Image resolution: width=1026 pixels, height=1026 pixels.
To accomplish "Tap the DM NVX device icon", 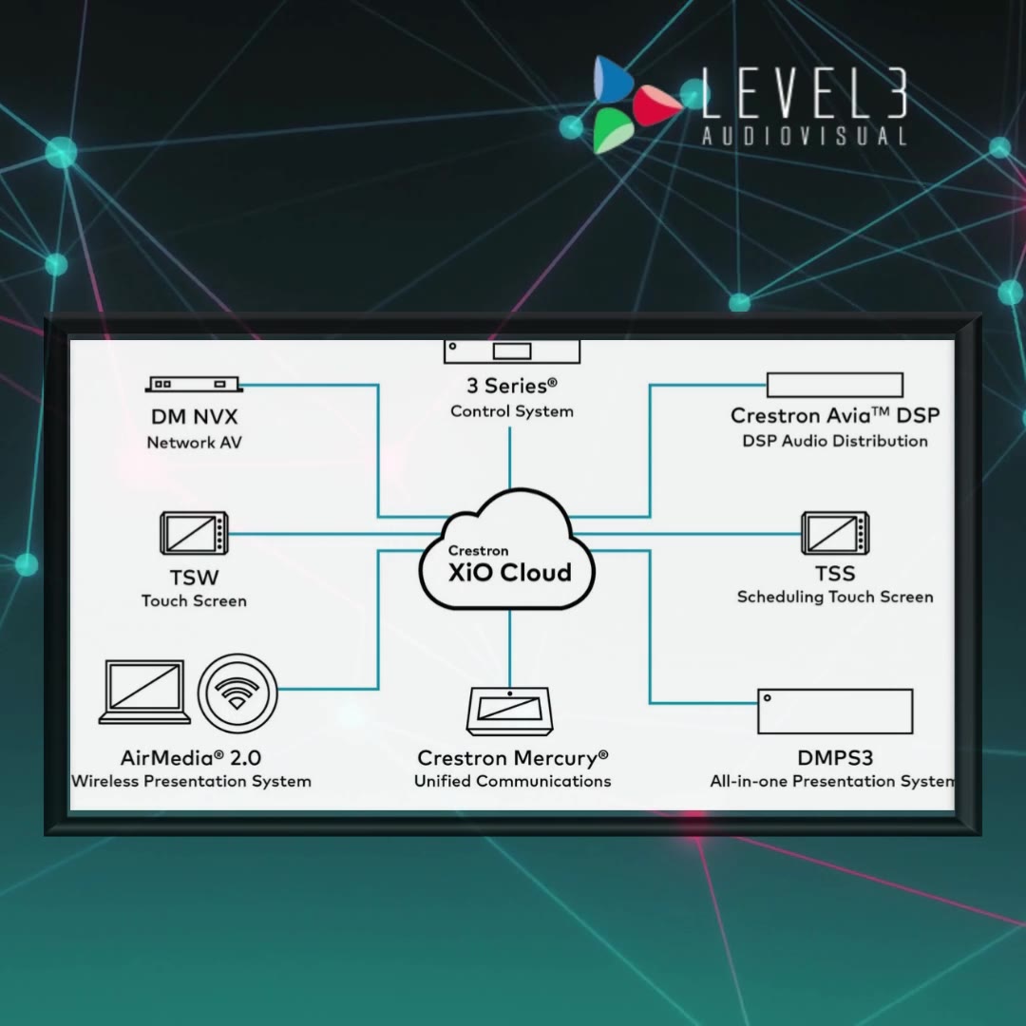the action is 194,384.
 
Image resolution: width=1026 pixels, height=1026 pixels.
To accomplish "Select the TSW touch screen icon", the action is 195,533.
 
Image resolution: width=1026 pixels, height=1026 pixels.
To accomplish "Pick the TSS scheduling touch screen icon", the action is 835,533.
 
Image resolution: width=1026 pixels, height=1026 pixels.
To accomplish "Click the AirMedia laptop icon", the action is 144,692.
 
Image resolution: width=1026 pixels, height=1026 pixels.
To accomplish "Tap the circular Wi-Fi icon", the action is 237,693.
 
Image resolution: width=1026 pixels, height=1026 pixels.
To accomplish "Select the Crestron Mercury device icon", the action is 510,712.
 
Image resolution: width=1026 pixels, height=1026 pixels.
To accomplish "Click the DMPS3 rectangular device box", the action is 835,712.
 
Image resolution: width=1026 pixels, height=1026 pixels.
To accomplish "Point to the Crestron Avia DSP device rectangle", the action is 835,385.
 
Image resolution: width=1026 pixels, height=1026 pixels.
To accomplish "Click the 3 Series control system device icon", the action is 512,351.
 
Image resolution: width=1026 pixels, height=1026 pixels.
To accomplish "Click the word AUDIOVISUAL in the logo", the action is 805,136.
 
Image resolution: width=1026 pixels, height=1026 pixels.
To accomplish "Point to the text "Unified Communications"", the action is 512,781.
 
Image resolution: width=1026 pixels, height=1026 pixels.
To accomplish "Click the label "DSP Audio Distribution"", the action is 835,441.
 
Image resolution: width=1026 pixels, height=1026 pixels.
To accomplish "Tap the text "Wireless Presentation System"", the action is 191,781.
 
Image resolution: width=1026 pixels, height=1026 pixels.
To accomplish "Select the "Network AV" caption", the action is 195,443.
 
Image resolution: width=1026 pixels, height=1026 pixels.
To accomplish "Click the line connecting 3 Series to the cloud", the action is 510,458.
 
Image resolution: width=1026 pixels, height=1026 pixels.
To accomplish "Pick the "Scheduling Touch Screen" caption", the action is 835,597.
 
